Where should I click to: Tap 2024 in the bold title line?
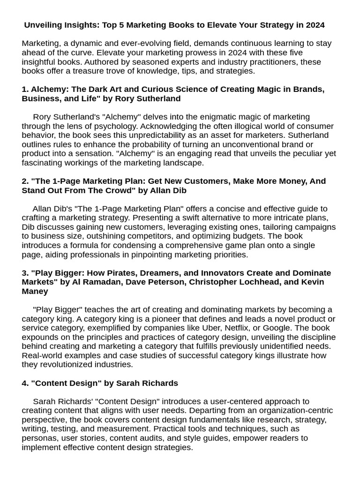(314, 25)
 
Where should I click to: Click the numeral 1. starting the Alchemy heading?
(25, 89)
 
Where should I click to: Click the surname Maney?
(35, 291)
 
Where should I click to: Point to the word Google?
(278, 328)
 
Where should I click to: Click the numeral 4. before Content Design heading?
(25, 383)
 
